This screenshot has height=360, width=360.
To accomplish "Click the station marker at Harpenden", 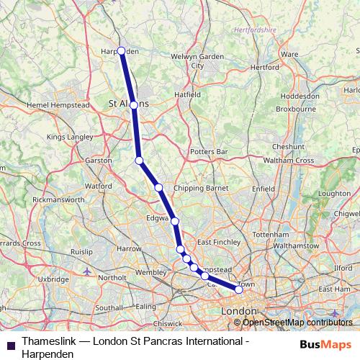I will click(x=121, y=51).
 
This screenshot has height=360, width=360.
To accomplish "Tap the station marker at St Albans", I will click(x=133, y=105).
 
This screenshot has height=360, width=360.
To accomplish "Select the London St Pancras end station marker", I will click(x=238, y=290).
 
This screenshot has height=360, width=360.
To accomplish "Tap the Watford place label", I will click(x=99, y=186).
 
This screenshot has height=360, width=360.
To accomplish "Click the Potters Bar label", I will click(x=208, y=152).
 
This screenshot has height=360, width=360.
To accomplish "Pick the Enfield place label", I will click(x=264, y=189).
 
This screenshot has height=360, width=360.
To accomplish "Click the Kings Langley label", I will click(x=70, y=137).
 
